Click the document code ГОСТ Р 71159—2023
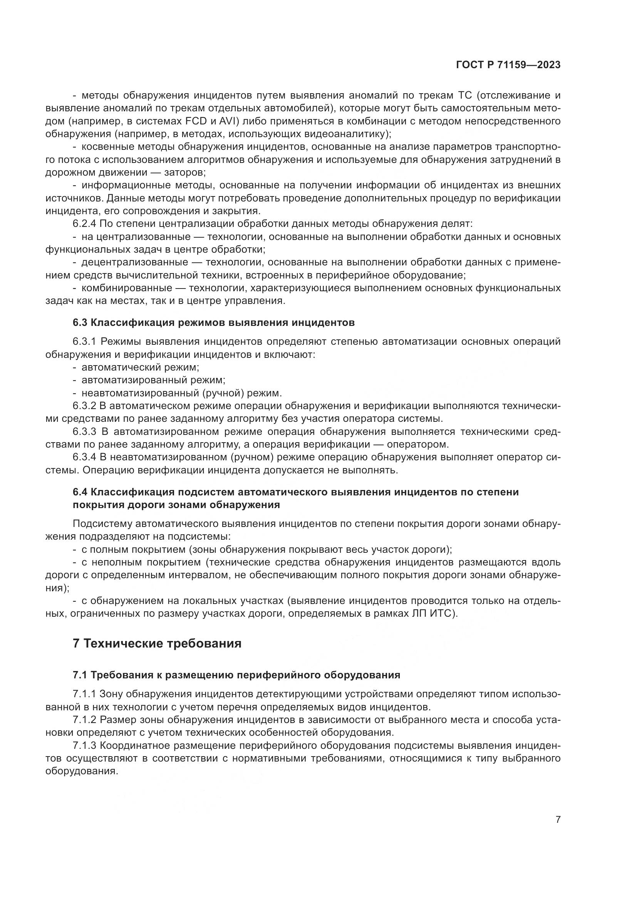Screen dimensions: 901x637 [508, 65]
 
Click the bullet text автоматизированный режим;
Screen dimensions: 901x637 [153, 380]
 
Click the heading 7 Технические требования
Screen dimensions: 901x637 [157, 644]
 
